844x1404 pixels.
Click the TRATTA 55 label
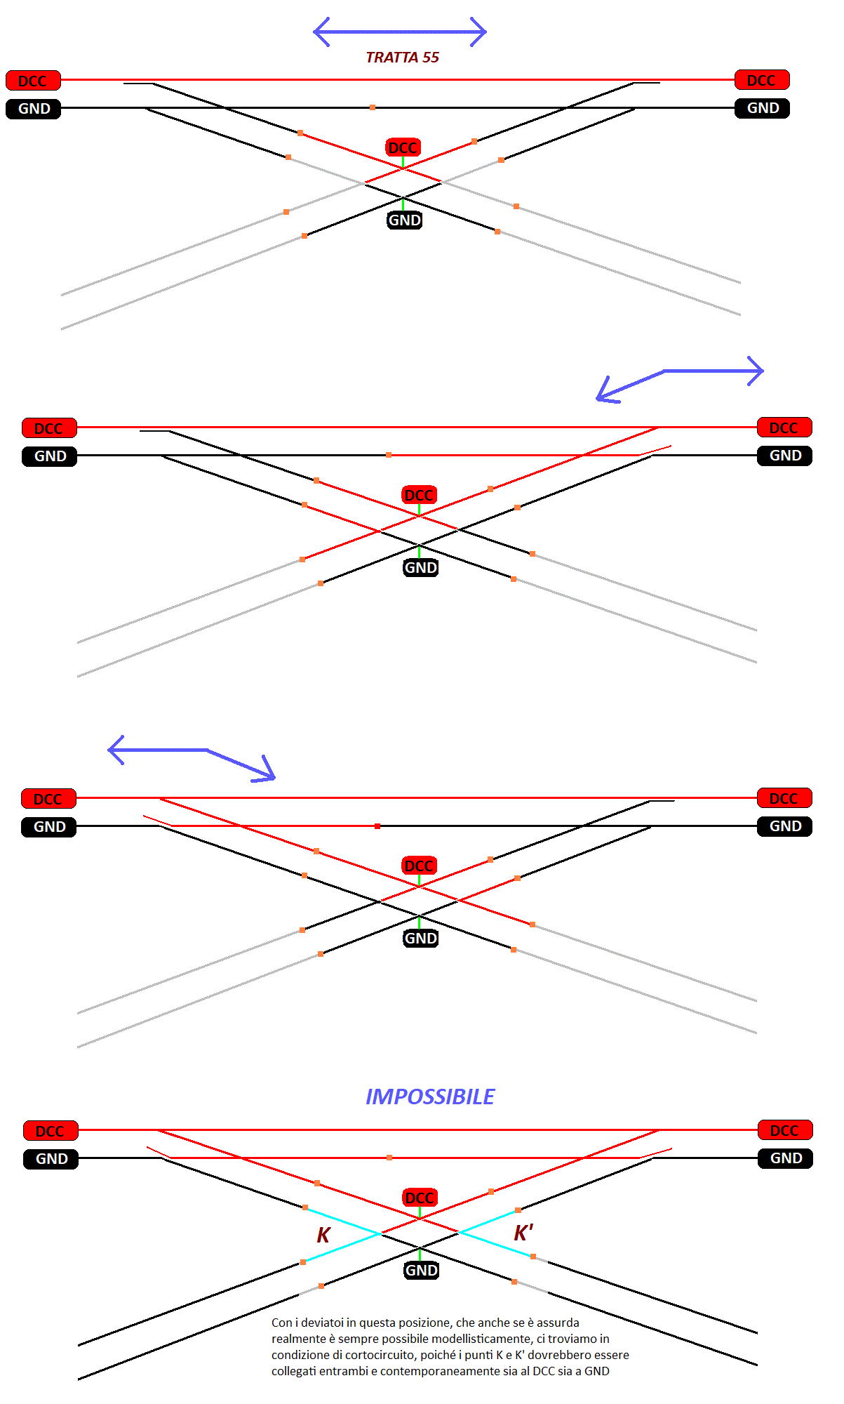(x=402, y=58)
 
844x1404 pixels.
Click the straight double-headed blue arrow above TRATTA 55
(x=400, y=32)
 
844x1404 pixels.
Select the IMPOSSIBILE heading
(x=430, y=1097)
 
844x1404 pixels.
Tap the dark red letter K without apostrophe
(x=323, y=1235)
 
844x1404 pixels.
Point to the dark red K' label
(x=523, y=1233)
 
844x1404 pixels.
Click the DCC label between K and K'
(x=420, y=1198)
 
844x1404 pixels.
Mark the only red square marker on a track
(x=377, y=826)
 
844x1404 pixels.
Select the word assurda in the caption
(x=558, y=1323)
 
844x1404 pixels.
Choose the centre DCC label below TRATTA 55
(x=403, y=147)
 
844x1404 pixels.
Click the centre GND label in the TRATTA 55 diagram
(x=405, y=220)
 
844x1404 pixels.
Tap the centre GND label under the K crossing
(x=421, y=1270)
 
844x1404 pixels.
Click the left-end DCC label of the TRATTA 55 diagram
(x=33, y=81)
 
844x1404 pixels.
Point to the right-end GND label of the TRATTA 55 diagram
(x=763, y=108)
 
